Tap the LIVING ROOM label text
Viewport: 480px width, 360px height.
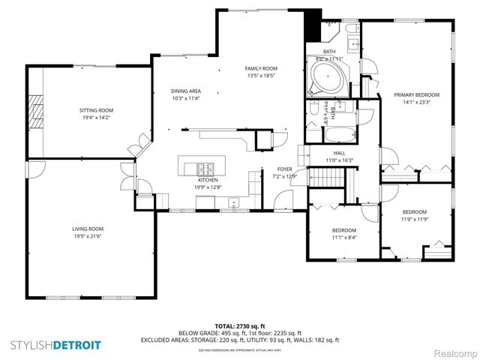(x=88, y=229)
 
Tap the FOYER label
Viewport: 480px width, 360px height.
(x=284, y=169)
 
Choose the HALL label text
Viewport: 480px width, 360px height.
(x=339, y=153)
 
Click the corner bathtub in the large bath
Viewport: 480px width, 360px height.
(x=326, y=78)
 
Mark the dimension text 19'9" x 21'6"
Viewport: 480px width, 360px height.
(x=88, y=236)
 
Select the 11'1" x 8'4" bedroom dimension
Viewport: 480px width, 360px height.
(x=344, y=237)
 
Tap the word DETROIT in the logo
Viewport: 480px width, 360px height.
(x=78, y=346)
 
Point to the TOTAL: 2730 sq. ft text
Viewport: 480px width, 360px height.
(x=240, y=326)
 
